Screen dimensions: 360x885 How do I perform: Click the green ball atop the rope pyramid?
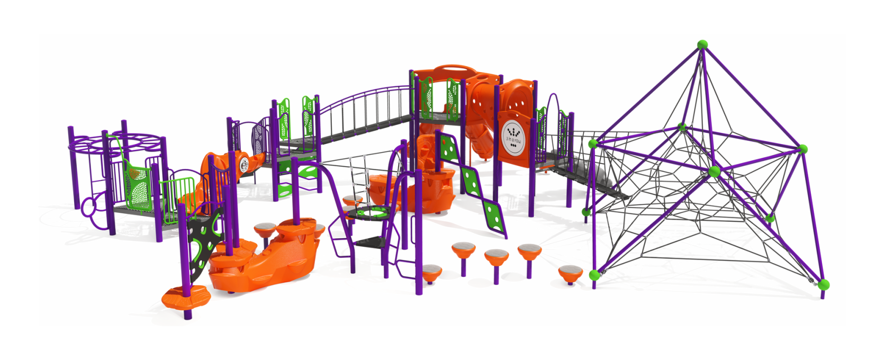(702, 44)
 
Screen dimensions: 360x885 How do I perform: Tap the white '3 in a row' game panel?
(513, 138)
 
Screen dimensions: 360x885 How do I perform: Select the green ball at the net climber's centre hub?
(714, 171)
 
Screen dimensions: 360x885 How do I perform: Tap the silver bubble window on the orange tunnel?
(244, 164)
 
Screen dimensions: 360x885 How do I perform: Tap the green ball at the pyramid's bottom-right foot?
(823, 285)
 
